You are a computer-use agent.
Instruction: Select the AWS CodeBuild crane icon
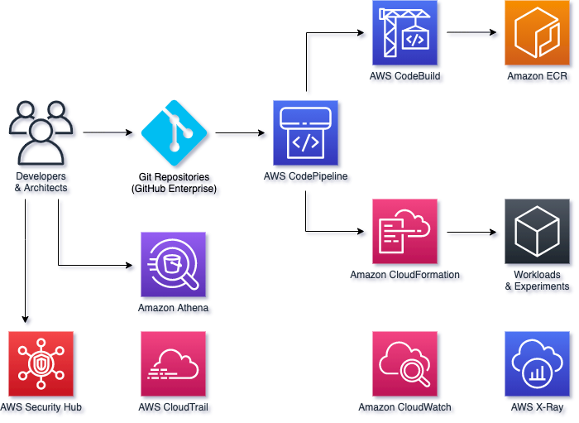click(x=405, y=34)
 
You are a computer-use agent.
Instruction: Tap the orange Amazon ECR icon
click(x=538, y=34)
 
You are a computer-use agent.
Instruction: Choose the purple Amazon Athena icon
click(x=174, y=266)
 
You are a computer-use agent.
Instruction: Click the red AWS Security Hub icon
click(x=41, y=365)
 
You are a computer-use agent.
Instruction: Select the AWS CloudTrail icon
click(x=174, y=365)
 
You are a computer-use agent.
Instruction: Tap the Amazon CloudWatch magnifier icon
click(x=405, y=365)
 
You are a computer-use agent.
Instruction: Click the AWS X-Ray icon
click(x=538, y=365)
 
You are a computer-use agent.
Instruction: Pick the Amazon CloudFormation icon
click(x=405, y=233)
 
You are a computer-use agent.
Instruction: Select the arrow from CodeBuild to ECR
click(x=474, y=35)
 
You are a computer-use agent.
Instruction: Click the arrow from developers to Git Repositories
click(x=110, y=134)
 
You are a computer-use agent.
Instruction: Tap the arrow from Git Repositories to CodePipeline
click(x=242, y=134)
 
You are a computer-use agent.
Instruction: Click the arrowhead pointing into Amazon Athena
click(x=132, y=267)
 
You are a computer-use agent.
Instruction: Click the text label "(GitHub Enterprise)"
click(x=175, y=190)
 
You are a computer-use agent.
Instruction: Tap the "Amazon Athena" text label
click(x=175, y=309)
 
